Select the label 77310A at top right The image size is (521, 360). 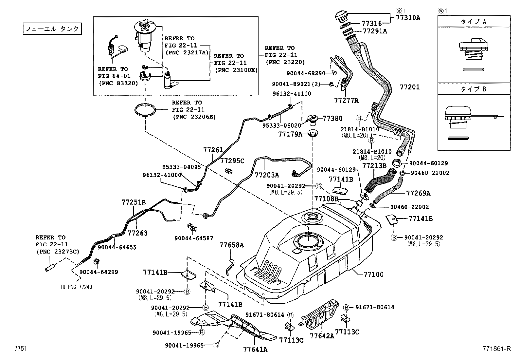[x=408, y=18]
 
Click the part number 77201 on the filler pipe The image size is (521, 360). [x=409, y=87]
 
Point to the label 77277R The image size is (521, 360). [x=346, y=101]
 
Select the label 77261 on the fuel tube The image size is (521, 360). [x=213, y=150]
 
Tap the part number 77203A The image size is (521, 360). [x=267, y=175]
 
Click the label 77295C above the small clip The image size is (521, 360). [x=232, y=161]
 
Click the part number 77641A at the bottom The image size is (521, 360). [x=255, y=349]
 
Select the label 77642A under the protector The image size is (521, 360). [x=322, y=336]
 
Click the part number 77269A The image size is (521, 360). [x=418, y=193]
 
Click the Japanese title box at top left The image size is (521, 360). [x=52, y=29]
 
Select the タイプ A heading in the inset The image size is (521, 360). [x=474, y=22]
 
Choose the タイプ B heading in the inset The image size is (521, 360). [x=474, y=89]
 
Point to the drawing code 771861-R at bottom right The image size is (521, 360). [x=496, y=349]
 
